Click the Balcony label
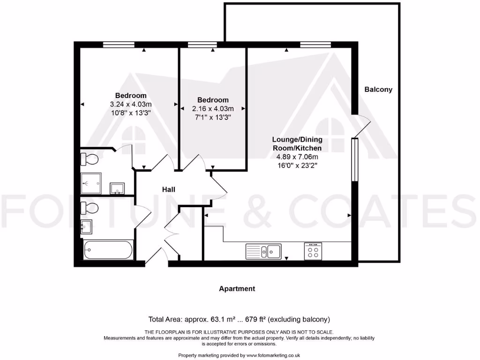coord(378,89)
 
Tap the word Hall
coord(169,189)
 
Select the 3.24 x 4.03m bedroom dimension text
coord(130,104)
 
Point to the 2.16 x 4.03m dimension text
coord(213,108)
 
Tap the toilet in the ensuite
coord(89,159)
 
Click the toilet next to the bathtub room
coord(89,207)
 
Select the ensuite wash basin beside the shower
coord(117,188)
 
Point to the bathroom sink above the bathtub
coord(86,226)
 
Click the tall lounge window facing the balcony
coord(355,159)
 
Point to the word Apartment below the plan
coord(237,289)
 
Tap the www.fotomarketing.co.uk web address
coord(273,355)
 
